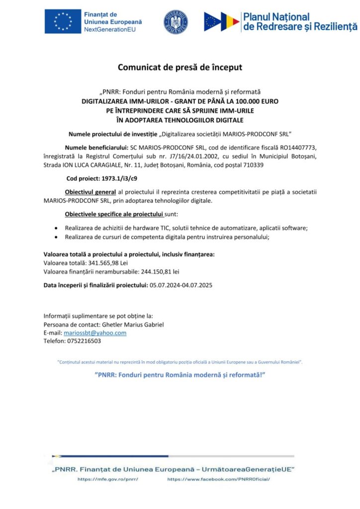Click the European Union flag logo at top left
[63, 21]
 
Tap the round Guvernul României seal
[176, 22]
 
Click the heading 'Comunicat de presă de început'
[180, 67]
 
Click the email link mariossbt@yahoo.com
[95, 333]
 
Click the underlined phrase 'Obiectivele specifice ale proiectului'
[114, 214]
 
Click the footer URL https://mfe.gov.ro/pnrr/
[107, 479]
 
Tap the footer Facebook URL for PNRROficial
[219, 479]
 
